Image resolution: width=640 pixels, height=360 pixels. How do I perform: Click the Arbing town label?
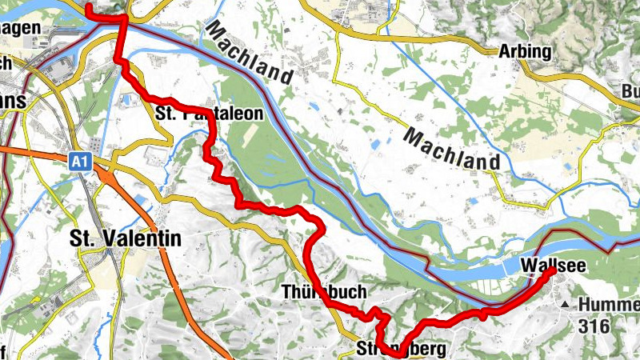525,53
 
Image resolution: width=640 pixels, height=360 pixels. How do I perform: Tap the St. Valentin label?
126,238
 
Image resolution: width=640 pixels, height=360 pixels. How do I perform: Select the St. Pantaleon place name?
209,114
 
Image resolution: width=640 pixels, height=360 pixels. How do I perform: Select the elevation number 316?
593,326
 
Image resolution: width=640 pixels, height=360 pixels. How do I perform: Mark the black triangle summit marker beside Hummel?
566,305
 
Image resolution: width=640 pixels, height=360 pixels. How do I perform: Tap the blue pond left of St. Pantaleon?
127,100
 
